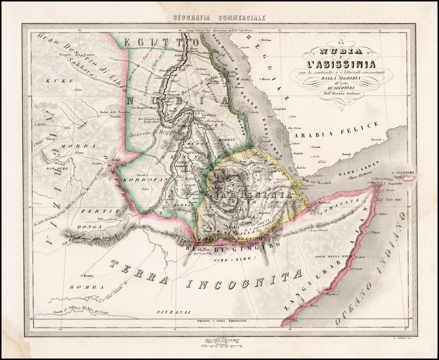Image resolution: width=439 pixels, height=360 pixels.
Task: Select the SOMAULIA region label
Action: [342, 206]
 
